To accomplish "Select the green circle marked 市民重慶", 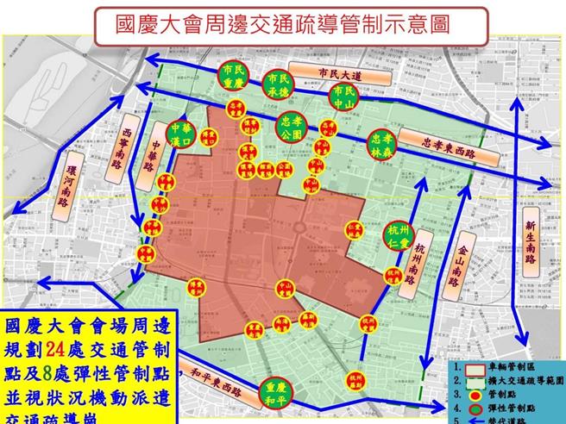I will (233, 78).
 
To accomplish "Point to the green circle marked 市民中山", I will (343, 97).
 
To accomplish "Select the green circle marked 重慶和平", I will (274, 393).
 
